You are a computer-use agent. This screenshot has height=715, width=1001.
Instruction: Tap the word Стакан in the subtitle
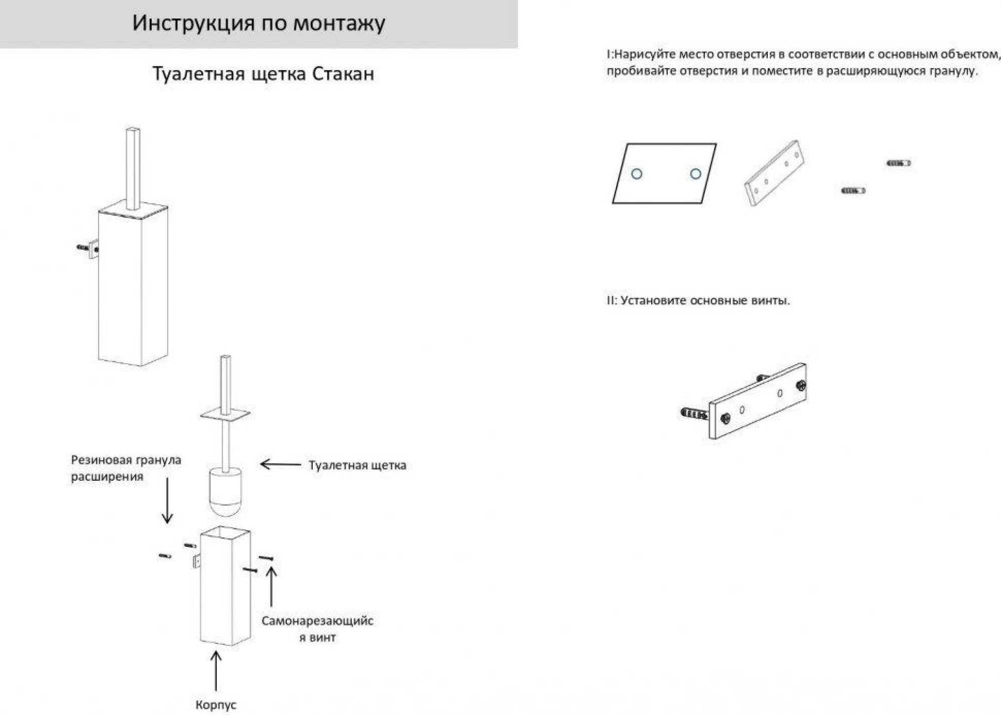[343, 74]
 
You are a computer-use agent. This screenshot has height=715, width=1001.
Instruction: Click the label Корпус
[216, 704]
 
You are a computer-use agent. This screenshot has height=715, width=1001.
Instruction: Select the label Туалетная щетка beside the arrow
[357, 465]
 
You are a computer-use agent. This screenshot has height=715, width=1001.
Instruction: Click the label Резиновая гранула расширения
[126, 468]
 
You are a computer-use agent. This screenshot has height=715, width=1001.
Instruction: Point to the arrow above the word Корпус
[216, 671]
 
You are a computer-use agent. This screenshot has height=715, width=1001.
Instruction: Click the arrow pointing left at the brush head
[280, 464]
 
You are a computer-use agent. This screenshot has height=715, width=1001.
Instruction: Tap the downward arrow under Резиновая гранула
[168, 501]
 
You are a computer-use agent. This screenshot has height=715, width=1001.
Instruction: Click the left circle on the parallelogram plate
[637, 174]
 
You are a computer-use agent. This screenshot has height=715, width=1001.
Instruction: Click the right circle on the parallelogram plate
[696, 174]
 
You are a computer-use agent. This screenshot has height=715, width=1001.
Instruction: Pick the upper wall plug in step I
[898, 163]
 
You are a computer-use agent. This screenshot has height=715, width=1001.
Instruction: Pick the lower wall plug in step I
[853, 191]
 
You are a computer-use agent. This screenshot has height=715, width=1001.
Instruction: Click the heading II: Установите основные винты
[698, 301]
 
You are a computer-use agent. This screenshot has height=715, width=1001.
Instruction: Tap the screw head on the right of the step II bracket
[801, 385]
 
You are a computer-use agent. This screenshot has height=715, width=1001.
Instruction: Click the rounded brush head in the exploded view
[226, 492]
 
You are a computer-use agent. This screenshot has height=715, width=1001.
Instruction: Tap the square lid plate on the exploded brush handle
[225, 415]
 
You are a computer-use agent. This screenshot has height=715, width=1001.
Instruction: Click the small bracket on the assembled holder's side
[94, 249]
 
